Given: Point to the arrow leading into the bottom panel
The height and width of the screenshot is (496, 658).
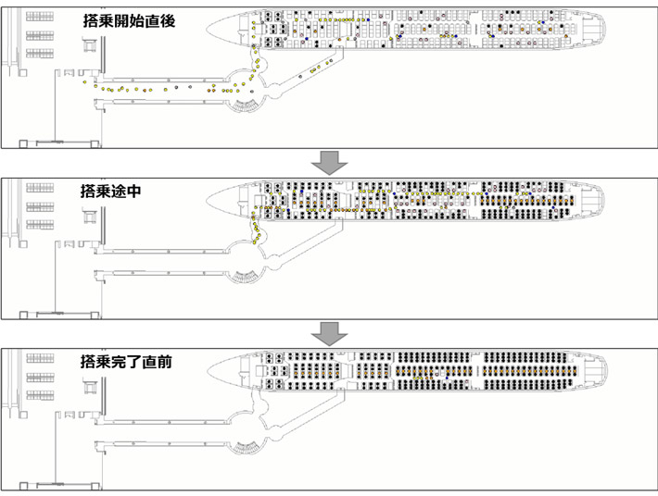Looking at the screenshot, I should (x=329, y=333).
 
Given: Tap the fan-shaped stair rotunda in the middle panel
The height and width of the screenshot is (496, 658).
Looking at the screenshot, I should (x=246, y=275).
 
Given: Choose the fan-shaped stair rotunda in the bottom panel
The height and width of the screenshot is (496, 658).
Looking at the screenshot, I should (x=246, y=446).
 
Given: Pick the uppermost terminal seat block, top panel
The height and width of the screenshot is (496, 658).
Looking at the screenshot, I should (x=37, y=18).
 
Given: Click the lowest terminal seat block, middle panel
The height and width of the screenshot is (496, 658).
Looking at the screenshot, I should (x=37, y=223).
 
